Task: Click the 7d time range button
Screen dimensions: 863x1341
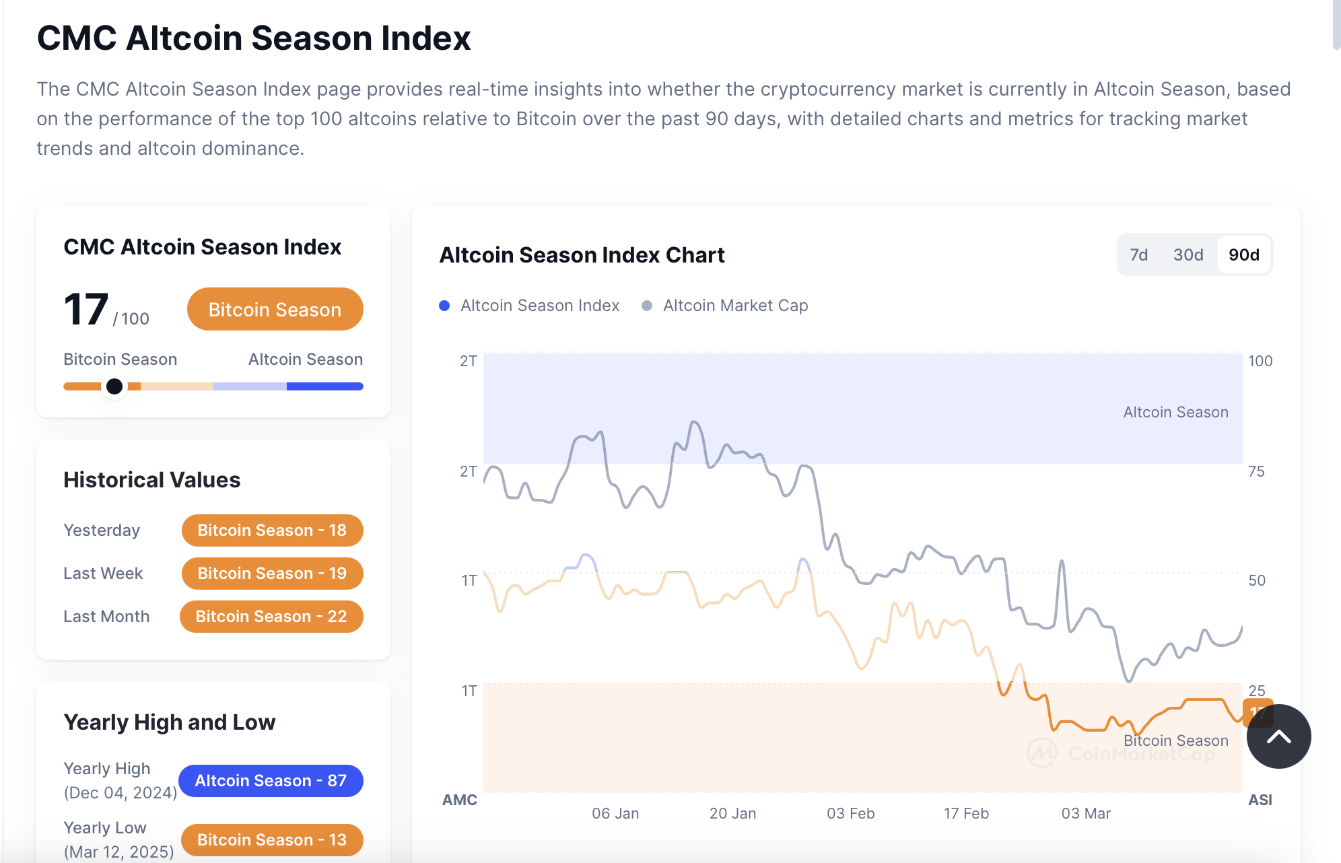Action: pyautogui.click(x=1138, y=255)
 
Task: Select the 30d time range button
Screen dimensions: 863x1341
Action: pyautogui.click(x=1188, y=255)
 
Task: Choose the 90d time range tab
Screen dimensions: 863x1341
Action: pyautogui.click(x=1243, y=255)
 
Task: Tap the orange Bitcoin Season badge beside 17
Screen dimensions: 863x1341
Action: pyautogui.click(x=275, y=310)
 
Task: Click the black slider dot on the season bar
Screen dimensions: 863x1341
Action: pyautogui.click(x=114, y=386)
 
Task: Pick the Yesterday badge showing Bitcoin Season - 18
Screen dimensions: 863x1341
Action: pyautogui.click(x=272, y=530)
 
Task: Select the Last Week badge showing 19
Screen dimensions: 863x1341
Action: pyautogui.click(x=272, y=574)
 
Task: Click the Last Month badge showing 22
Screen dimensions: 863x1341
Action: pyautogui.click(x=271, y=617)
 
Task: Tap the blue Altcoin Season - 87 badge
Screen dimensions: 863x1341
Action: pyautogui.click(x=271, y=781)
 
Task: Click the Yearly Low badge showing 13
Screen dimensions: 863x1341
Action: pyautogui.click(x=272, y=840)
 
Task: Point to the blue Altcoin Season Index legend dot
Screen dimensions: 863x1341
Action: pyautogui.click(x=444, y=306)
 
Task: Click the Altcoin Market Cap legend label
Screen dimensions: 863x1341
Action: pyautogui.click(x=735, y=306)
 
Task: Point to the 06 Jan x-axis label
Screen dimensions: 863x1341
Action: pyautogui.click(x=615, y=813)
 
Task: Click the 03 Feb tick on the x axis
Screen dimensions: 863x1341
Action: pyautogui.click(x=850, y=813)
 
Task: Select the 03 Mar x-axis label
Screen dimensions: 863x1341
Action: pyautogui.click(x=1086, y=813)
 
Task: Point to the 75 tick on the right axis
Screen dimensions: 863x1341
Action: pyautogui.click(x=1256, y=471)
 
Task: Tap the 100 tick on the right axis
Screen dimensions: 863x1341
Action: pyautogui.click(x=1260, y=361)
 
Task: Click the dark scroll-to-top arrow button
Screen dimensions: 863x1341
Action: pyautogui.click(x=1278, y=736)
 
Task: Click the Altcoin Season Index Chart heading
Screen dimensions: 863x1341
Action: pyautogui.click(x=582, y=255)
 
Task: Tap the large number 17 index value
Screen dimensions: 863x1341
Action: pyautogui.click(x=86, y=310)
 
